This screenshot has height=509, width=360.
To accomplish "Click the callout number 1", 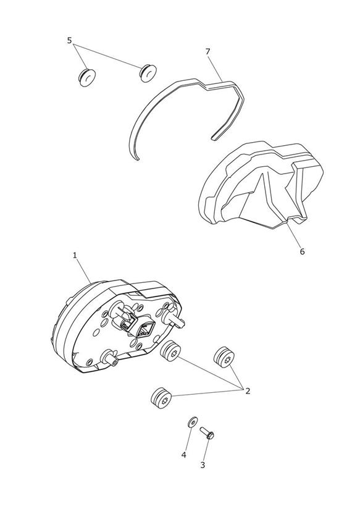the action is (75, 256).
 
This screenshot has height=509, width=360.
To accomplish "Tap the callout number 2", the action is (248, 391).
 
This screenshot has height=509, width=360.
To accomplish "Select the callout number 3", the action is (203, 465).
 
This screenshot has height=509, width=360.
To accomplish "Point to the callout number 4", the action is (184, 455).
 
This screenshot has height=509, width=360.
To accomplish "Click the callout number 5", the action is (69, 41).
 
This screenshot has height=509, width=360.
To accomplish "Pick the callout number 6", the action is (302, 251).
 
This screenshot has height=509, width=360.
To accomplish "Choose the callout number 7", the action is (207, 51).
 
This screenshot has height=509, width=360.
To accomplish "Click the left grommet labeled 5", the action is (87, 77).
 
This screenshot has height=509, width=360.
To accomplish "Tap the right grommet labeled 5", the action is (148, 74).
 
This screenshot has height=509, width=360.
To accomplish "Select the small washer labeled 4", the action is (193, 423).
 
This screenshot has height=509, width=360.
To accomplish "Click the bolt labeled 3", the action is (207, 433).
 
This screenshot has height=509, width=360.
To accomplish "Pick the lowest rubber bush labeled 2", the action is (161, 398).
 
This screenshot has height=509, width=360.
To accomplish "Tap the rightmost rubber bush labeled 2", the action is (224, 358).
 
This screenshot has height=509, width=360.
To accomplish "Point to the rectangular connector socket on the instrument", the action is (143, 330).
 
